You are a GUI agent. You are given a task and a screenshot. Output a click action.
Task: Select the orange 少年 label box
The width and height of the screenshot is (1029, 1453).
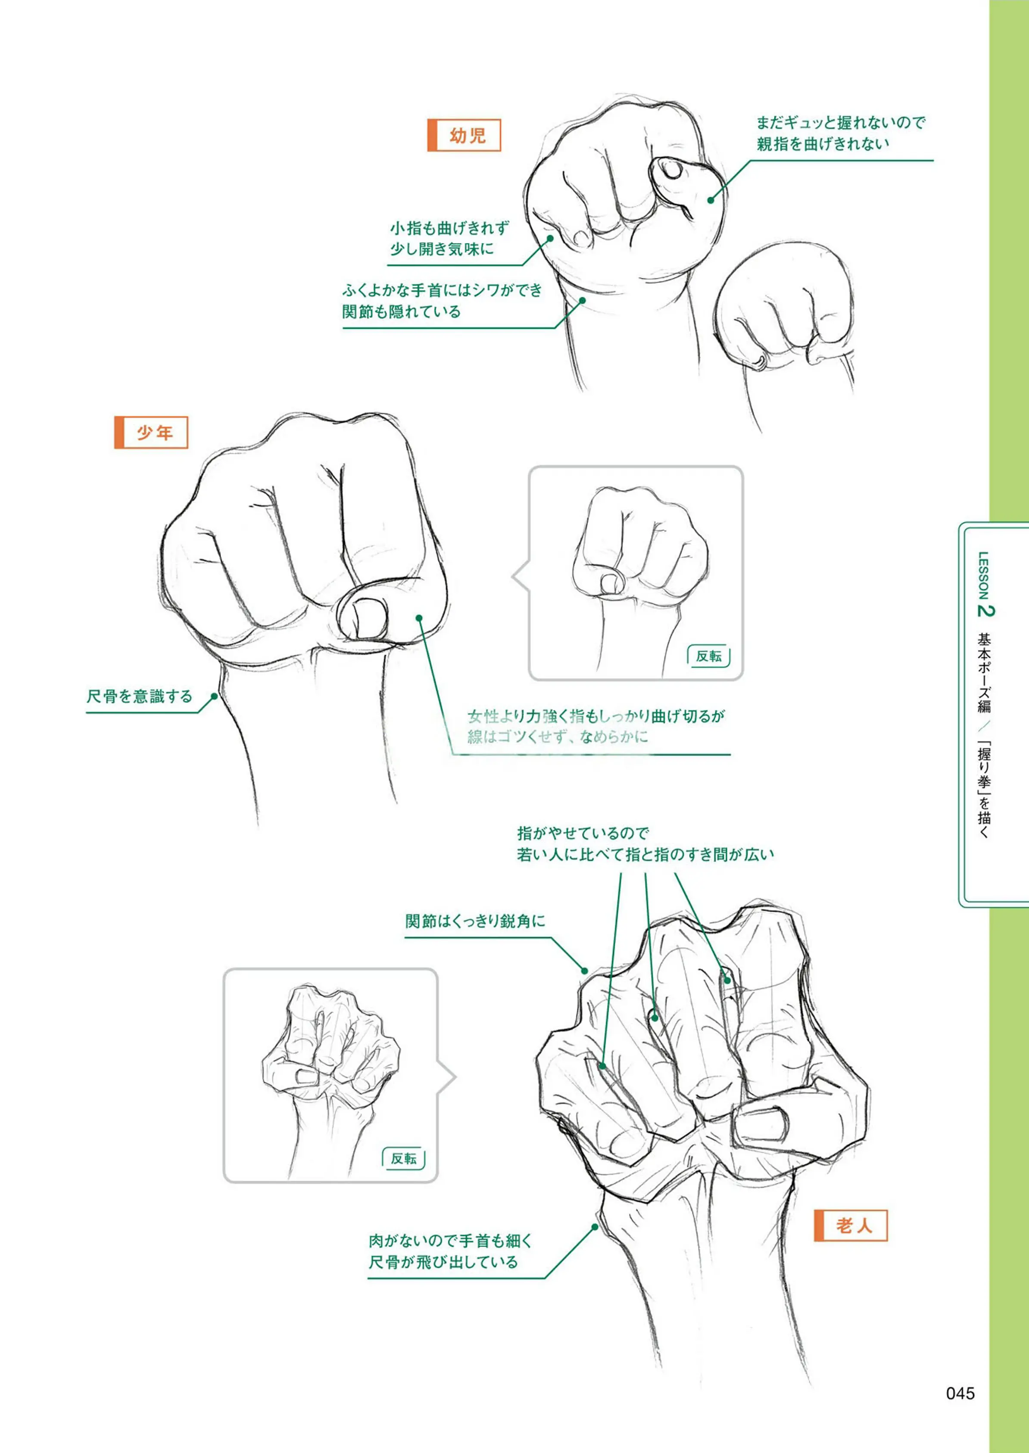151,432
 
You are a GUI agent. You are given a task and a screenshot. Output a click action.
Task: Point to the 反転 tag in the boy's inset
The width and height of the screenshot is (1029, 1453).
708,656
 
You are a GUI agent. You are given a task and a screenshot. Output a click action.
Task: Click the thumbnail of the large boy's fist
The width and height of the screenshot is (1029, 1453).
368,618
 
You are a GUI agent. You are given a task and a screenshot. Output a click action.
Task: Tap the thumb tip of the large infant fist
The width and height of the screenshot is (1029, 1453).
668,170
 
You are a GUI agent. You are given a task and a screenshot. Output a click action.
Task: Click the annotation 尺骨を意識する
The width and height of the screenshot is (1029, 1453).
139,697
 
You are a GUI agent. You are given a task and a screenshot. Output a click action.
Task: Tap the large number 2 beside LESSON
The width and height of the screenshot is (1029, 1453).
986,610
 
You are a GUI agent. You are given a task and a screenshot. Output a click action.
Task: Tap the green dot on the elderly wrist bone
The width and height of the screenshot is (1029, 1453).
595,1226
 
